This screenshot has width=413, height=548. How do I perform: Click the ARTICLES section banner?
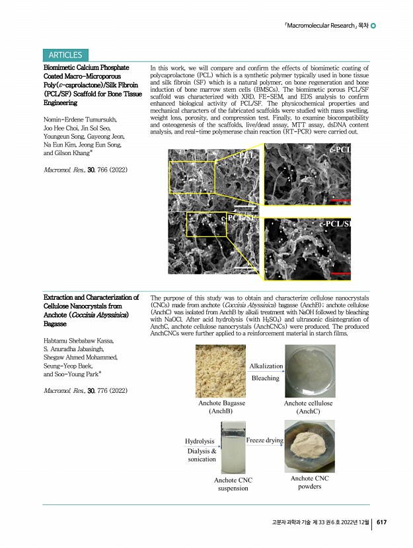coord(65,55)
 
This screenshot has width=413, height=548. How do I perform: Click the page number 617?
coord(381,522)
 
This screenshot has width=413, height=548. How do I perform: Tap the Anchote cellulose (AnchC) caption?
coord(308,407)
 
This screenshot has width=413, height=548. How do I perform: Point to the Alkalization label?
coord(266,366)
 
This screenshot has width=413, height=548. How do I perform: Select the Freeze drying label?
coord(264,440)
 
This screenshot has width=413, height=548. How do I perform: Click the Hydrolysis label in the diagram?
coord(200,440)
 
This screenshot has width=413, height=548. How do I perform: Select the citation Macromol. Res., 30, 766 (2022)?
coord(85,171)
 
